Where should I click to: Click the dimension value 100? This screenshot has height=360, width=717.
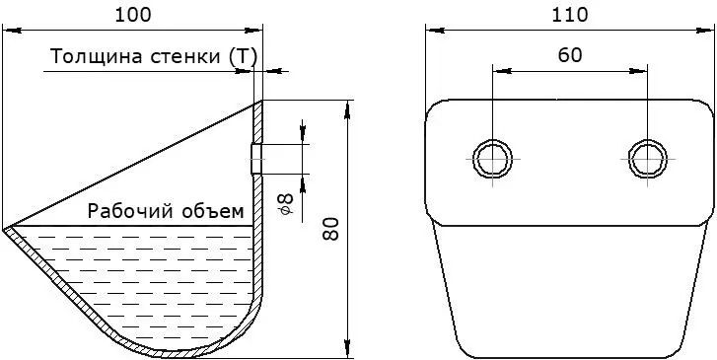(132, 15)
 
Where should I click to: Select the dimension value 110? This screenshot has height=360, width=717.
(569, 15)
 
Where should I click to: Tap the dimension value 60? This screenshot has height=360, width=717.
(570, 55)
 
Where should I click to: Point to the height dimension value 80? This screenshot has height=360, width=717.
(330, 229)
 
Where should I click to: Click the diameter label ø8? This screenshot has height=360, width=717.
(286, 204)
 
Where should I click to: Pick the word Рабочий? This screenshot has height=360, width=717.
(131, 211)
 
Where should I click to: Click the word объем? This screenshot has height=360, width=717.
(213, 211)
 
